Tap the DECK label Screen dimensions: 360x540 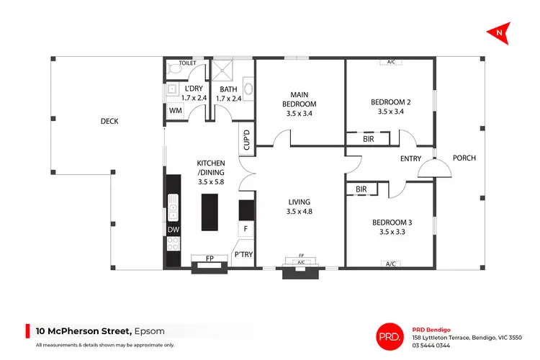tap(109, 122)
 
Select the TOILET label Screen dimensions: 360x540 tap(187, 63)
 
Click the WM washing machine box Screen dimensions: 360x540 tap(176, 111)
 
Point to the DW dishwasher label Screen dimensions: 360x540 tap(173, 230)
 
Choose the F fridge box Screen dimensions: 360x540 tap(246, 230)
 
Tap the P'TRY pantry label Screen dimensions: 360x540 tap(242, 254)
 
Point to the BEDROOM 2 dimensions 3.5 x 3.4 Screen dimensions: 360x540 tap(390, 112)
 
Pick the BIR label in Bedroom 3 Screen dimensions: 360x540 tap(361, 190)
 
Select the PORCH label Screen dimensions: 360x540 tap(464, 158)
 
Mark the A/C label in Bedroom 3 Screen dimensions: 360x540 tap(391, 264)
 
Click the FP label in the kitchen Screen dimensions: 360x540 tap(210, 258)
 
